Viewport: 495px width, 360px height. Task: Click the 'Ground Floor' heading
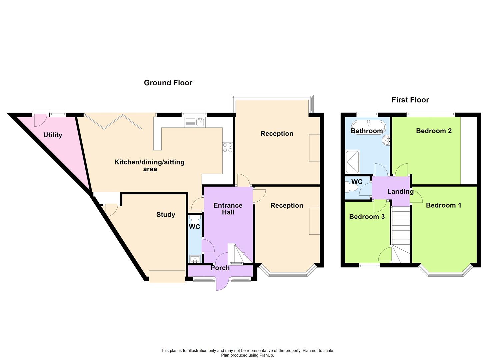point(168,83)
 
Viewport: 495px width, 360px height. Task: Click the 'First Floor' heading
point(410,100)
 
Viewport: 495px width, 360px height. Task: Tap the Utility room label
point(53,135)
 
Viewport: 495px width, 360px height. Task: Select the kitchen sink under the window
point(195,122)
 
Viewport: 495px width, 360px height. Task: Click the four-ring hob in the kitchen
point(228,148)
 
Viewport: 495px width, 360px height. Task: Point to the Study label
point(166,215)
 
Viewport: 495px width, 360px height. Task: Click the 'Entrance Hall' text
point(228,209)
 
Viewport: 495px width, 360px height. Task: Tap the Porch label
point(220,268)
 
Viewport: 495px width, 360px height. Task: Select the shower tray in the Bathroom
point(353,162)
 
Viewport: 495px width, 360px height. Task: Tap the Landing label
point(400,191)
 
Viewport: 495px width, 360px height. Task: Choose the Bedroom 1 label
point(443,205)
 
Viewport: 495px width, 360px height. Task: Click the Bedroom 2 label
point(434,131)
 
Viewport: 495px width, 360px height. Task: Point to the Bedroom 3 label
point(367,217)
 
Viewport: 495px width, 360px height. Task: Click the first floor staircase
point(400,233)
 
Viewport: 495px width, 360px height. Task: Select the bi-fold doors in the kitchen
point(113,122)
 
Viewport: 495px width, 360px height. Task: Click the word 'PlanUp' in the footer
point(266,355)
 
